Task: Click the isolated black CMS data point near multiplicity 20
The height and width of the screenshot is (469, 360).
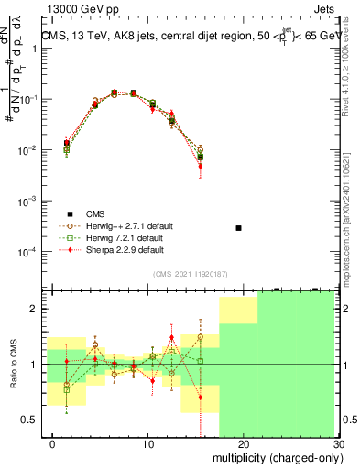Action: click(x=238, y=227)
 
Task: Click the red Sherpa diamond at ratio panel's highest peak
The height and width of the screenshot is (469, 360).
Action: click(x=171, y=337)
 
